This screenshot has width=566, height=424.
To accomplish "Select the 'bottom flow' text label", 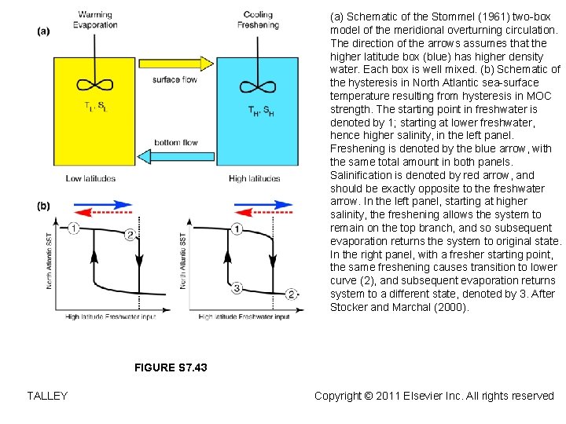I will point(176,142).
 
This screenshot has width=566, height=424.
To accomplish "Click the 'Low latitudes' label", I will point(90,178).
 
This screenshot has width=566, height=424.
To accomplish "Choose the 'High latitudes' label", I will point(254,178).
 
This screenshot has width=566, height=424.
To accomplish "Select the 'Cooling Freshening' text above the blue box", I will point(257,20).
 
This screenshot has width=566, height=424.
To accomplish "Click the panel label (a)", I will point(43,31).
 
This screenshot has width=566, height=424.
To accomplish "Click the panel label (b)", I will point(43,206).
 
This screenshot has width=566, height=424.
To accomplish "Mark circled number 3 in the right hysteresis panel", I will point(237,287).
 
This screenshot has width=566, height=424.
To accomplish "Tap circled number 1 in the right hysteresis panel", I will point(237,228).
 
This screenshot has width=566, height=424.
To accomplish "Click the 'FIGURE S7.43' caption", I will point(171,367).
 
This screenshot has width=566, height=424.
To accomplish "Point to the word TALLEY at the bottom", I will point(47,396).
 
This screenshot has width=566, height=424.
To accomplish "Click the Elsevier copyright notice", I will point(434,396).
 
